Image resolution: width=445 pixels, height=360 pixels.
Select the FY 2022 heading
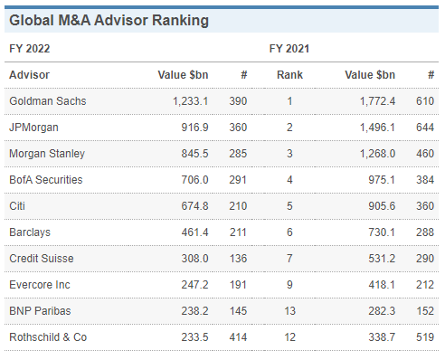coord(29,49)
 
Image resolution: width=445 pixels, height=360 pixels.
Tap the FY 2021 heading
coord(289,49)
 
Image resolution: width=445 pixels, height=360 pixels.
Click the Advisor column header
coord(29,74)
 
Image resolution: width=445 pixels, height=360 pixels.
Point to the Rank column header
coord(289,74)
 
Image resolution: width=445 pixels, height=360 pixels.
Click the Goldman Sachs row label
coord(47,100)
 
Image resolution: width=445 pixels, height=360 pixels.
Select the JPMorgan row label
coord(34,128)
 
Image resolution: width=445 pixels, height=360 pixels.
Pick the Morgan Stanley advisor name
coord(46,154)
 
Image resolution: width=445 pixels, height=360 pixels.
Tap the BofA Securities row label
coord(45,180)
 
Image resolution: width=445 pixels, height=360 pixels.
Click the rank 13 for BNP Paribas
coord(289,311)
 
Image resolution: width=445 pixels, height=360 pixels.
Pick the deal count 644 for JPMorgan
coord(424,128)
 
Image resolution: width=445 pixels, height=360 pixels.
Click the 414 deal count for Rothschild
coord(239,337)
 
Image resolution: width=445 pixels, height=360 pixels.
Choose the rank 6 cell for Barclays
coord(289,232)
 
